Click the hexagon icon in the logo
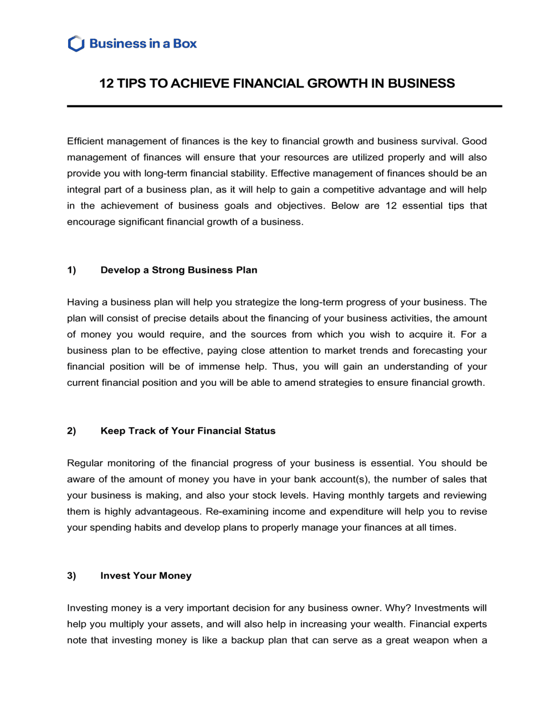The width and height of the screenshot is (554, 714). click(76, 44)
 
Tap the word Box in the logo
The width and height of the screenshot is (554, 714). click(184, 44)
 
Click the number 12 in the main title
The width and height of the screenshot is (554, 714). click(106, 84)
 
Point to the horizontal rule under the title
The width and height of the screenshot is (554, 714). click(284, 106)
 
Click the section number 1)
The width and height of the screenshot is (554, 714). click(71, 270)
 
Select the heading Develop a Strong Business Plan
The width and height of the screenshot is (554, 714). click(178, 270)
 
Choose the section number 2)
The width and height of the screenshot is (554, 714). click(71, 431)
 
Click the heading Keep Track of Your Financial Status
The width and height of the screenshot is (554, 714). click(188, 431)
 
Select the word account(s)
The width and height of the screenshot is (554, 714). click(343, 479)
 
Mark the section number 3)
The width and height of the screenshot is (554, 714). click(71, 576)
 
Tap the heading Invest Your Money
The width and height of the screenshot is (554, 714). click(146, 576)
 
